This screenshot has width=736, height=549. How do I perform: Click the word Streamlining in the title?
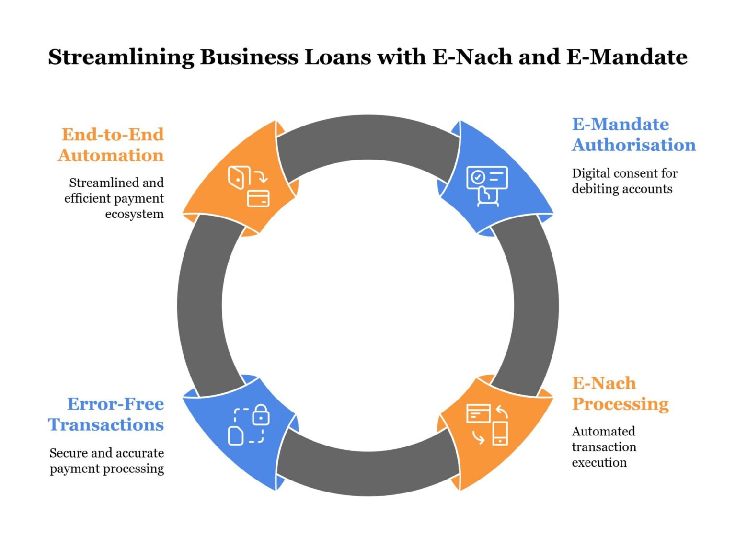pyautogui.click(x=121, y=57)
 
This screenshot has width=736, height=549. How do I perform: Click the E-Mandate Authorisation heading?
pyautogui.click(x=633, y=135)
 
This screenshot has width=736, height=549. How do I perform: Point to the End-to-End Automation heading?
pyautogui.click(x=111, y=145)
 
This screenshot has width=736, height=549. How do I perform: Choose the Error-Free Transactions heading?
pyautogui.click(x=106, y=414)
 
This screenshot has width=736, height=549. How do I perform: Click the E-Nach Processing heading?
pyautogui.click(x=620, y=394)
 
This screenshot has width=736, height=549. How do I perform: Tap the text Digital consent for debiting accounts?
pyautogui.click(x=624, y=181)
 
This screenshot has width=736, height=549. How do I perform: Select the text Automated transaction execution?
pyautogui.click(x=604, y=447)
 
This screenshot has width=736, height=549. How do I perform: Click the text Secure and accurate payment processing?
pyautogui.click(x=107, y=460)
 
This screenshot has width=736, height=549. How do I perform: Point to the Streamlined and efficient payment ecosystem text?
pyautogui.click(x=115, y=198)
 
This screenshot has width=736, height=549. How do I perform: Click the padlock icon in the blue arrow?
pyautogui.click(x=261, y=415)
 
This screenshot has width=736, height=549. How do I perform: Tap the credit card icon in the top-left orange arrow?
pyautogui.click(x=258, y=198)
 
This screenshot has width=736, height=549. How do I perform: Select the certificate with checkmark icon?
pyautogui.click(x=487, y=177)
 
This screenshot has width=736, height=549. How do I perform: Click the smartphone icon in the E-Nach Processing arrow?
pyautogui.click(x=500, y=433)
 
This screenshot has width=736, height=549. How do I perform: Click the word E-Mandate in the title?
pyautogui.click(x=627, y=57)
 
